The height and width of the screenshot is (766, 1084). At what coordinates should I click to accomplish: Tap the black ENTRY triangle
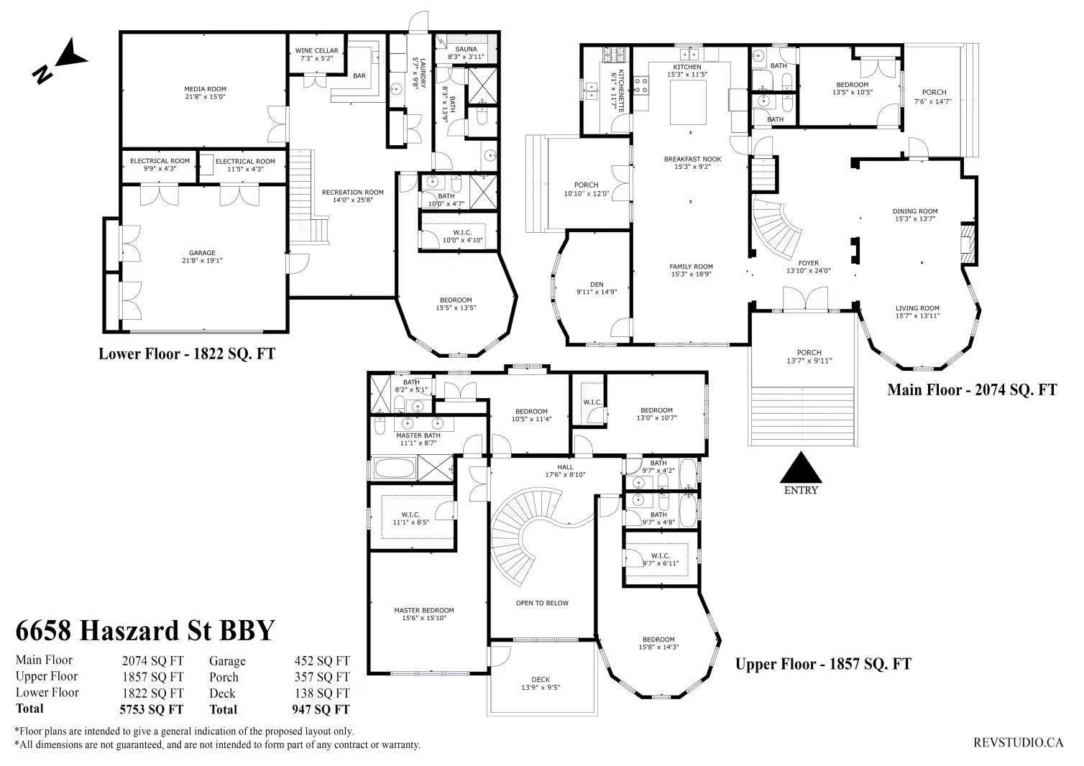(x=801, y=468)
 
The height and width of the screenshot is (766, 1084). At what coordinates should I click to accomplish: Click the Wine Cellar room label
(x=316, y=50)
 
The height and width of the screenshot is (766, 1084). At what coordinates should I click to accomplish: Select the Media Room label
(x=205, y=89)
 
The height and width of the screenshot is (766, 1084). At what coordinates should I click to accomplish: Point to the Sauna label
(x=466, y=49)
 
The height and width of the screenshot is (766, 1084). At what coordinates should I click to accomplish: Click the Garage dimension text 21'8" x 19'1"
(x=202, y=260)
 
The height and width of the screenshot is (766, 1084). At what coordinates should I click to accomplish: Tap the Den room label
(x=597, y=285)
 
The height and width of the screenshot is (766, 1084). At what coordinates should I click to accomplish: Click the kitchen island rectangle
(x=688, y=103)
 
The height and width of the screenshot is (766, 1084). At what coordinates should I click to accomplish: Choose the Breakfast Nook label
(x=692, y=159)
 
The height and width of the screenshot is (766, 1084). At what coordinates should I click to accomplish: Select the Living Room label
(x=917, y=308)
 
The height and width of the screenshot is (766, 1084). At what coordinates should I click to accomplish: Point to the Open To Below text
(x=542, y=603)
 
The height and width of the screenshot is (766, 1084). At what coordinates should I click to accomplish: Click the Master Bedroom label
(x=424, y=610)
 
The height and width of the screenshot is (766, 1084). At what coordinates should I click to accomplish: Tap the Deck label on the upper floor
(x=541, y=679)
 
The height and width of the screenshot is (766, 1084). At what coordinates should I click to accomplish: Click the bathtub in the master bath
(x=395, y=469)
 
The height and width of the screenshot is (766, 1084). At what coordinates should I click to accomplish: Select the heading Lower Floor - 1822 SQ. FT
(x=187, y=354)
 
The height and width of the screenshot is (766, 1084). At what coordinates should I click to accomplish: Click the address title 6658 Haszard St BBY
(x=145, y=630)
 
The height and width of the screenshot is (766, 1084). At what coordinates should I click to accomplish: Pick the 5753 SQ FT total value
(x=152, y=709)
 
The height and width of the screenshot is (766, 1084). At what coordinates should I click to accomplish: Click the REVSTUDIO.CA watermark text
(x=1018, y=742)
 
